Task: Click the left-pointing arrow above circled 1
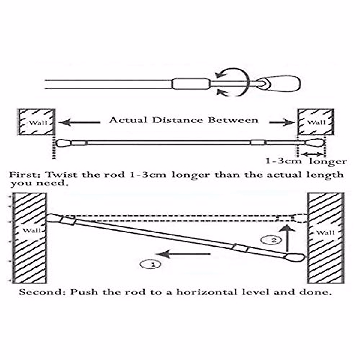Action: [x=183, y=254]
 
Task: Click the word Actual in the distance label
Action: [x=128, y=120]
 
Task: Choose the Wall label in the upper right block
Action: [x=316, y=122]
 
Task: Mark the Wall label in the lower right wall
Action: [x=325, y=232]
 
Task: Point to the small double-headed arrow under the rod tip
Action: [x=313, y=154]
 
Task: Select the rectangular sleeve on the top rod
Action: [x=191, y=84]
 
